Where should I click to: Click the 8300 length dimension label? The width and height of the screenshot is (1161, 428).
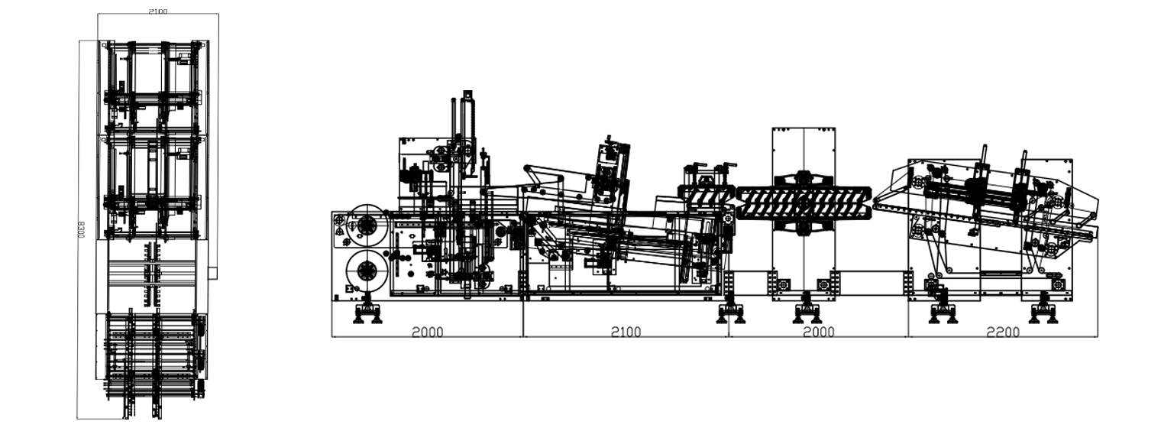(x=81, y=229)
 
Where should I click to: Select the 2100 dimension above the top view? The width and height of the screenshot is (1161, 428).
(x=158, y=11)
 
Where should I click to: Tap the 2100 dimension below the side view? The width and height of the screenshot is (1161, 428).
(x=626, y=332)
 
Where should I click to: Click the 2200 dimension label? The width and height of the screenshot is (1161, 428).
(x=1003, y=332)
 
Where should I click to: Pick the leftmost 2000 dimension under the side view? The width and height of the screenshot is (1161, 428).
(x=428, y=332)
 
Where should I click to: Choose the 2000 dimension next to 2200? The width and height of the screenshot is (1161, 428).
(x=819, y=332)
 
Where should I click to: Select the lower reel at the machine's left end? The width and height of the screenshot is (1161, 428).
(x=366, y=271)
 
